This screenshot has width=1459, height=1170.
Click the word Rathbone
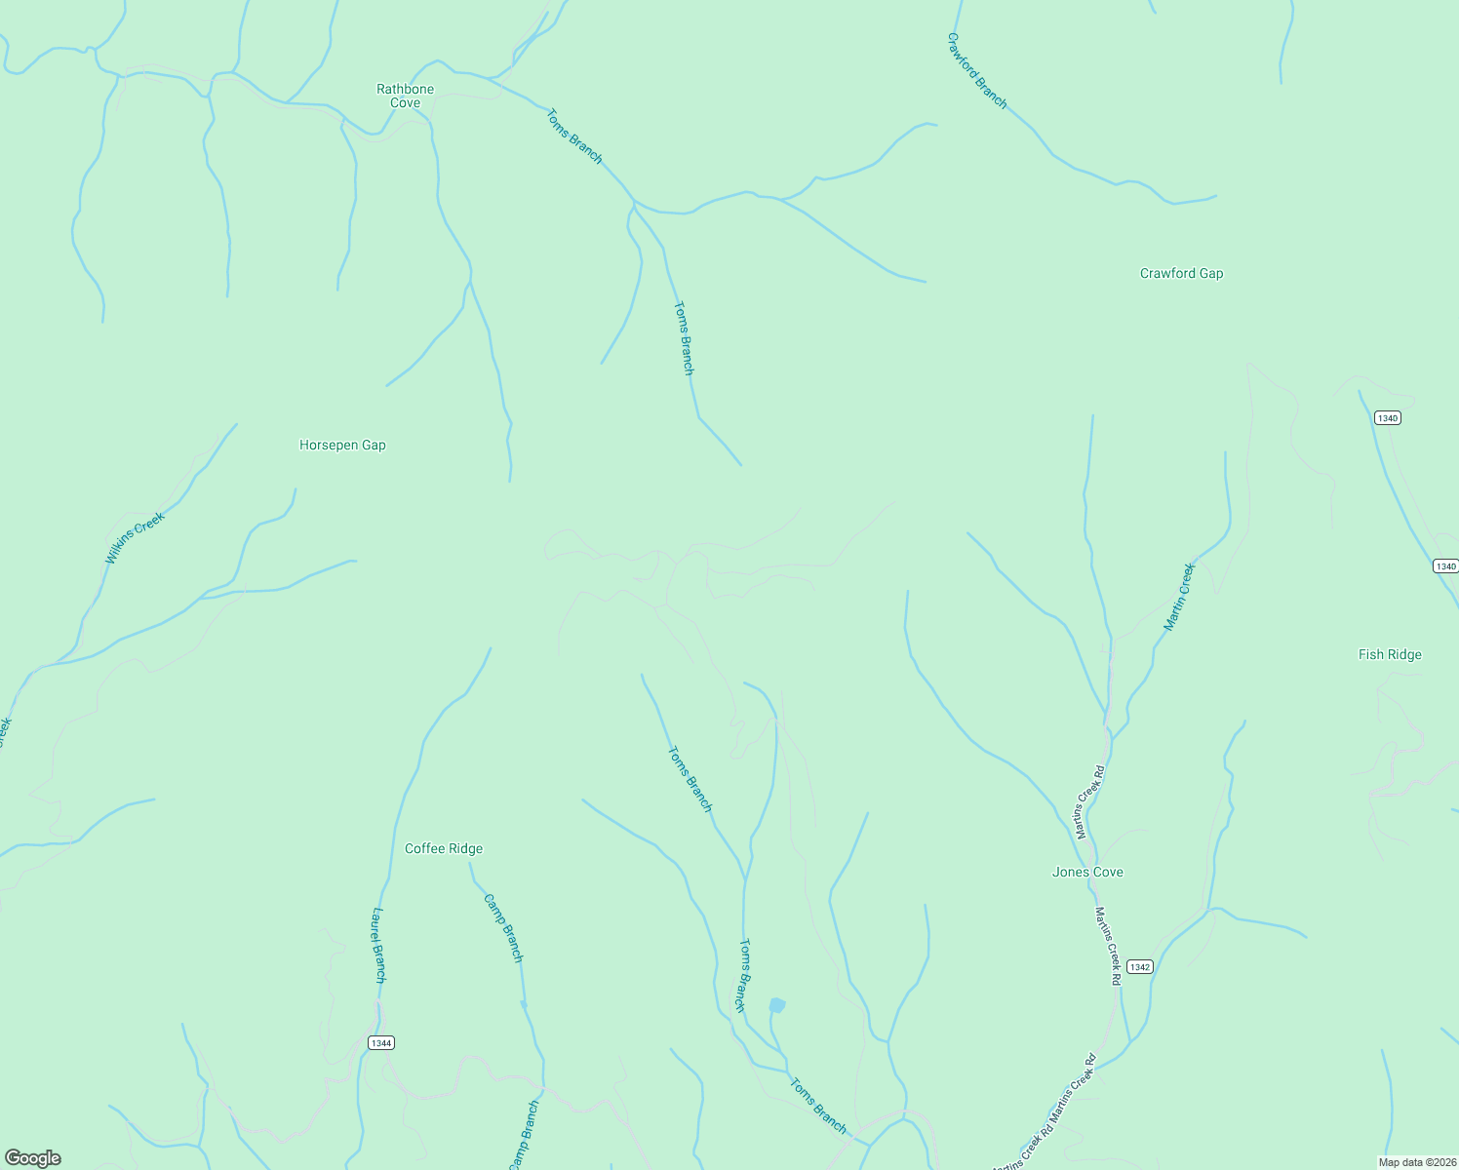point(405,89)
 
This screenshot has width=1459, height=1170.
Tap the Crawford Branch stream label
point(976,70)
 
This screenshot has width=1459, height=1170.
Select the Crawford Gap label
point(1181,273)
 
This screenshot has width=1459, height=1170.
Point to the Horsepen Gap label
point(342,445)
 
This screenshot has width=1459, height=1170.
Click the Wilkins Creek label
point(135,537)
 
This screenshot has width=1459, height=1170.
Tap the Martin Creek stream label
point(1179,597)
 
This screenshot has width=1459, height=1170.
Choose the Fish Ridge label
point(1390,654)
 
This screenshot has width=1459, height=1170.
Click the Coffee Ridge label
point(444,848)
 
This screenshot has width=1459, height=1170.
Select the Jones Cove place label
point(1087,872)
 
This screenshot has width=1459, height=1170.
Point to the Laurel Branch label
point(379,945)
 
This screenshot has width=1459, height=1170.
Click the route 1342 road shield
point(1139,967)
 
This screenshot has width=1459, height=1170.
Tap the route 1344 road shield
point(381,1043)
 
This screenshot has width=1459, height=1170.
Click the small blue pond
point(777,1005)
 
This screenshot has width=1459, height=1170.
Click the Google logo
point(33,1158)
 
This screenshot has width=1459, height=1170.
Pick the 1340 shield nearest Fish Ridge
point(1445,566)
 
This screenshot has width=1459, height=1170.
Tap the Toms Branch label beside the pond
point(744,975)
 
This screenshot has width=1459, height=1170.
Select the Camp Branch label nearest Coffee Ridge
point(504,928)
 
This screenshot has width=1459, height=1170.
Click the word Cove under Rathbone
point(405,102)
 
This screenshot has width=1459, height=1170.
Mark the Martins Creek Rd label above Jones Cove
point(1089,802)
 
